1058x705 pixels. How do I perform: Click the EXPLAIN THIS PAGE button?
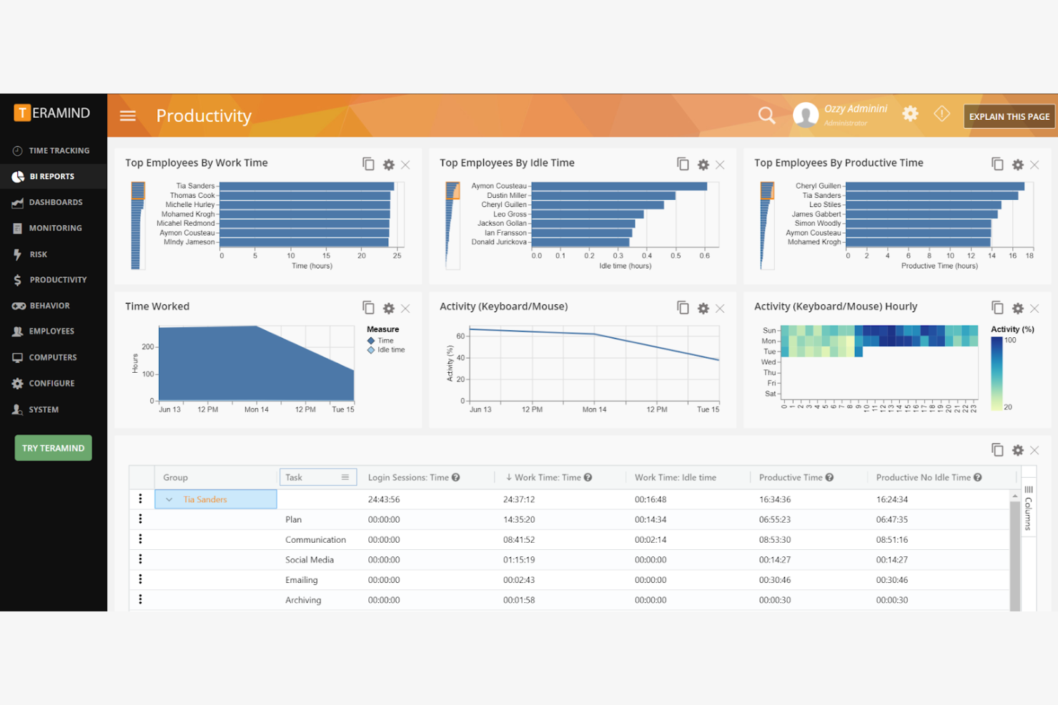(1009, 116)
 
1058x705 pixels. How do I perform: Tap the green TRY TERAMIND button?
(54, 448)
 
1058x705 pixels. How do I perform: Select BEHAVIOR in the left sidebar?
(49, 306)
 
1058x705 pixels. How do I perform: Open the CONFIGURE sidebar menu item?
(51, 384)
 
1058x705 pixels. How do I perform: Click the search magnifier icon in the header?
(766, 116)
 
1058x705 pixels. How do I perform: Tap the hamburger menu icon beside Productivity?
(128, 116)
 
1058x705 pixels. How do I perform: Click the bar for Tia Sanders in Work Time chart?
(307, 186)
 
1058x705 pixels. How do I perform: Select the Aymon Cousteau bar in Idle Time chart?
(618, 186)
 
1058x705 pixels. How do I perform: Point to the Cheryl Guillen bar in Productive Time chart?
(934, 186)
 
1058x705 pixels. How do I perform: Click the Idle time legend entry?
(390, 350)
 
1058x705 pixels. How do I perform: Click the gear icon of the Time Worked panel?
(388, 309)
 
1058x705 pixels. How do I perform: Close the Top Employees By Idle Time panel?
(720, 165)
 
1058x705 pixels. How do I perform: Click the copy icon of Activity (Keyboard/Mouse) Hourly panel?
(997, 307)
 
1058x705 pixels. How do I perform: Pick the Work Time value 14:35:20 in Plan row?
(519, 519)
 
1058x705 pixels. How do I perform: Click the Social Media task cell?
(310, 560)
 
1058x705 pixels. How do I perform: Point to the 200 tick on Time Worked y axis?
(148, 346)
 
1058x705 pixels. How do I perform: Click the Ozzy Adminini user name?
(855, 109)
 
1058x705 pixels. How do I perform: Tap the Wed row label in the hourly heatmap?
(768, 362)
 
